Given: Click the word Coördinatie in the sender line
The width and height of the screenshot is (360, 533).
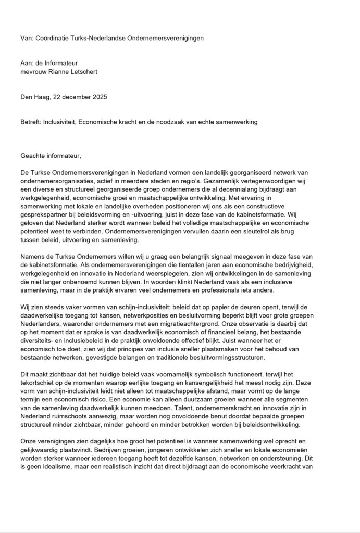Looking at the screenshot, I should [x=53, y=39].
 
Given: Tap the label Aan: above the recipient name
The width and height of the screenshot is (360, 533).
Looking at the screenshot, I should [x=27, y=62].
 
